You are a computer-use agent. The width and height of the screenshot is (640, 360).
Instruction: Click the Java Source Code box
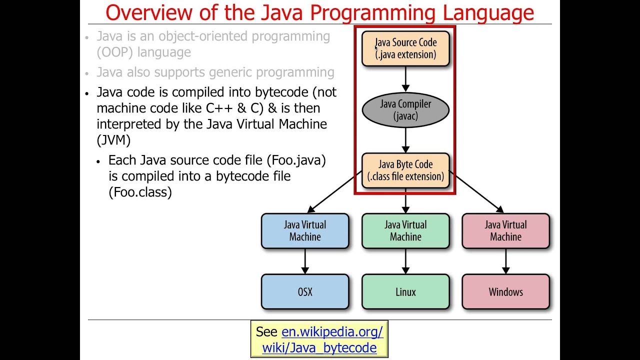(405, 48)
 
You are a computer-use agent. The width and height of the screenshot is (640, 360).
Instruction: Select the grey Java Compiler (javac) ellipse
(405, 110)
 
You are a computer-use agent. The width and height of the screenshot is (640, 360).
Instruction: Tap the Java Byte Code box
(405, 170)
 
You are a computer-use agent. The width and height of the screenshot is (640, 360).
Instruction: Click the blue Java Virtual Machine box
(305, 231)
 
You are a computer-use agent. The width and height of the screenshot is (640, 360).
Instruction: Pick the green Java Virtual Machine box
(405, 231)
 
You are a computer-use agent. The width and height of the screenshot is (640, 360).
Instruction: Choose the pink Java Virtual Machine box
(505, 231)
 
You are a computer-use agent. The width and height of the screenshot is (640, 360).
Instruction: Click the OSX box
(305, 292)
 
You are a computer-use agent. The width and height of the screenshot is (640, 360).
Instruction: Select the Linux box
(405, 292)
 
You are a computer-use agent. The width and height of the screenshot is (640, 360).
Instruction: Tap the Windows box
(505, 292)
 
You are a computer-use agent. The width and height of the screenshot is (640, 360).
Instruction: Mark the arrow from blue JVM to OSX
(305, 261)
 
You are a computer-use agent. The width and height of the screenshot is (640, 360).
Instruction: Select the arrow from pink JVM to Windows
(505, 261)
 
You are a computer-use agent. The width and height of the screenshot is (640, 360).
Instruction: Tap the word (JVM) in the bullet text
(113, 140)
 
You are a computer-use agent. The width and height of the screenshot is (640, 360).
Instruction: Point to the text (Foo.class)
(140, 192)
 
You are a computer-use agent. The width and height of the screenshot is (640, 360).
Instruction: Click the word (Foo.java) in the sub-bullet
(296, 160)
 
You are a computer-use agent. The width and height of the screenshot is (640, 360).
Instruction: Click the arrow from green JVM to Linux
(405, 261)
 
